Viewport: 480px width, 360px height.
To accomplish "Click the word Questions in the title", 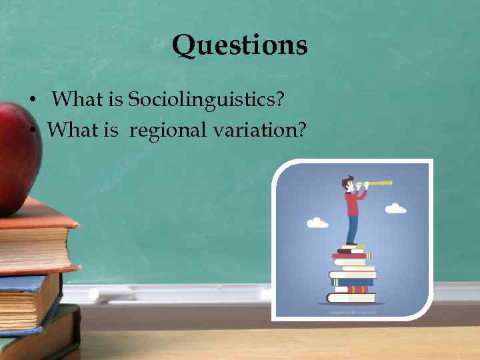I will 239,45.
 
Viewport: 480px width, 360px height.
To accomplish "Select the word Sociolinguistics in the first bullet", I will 207,100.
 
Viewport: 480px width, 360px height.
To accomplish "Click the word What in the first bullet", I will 77,100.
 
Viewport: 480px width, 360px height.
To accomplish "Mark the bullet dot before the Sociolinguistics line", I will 31,101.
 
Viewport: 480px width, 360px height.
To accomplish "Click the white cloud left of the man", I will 317,223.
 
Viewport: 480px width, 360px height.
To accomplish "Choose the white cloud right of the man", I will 395,209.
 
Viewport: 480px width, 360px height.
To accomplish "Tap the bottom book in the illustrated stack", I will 351,298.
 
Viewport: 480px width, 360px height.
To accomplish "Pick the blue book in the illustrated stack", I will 353,281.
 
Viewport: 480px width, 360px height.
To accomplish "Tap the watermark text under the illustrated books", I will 352,311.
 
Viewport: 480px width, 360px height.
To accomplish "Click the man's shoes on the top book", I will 351,245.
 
